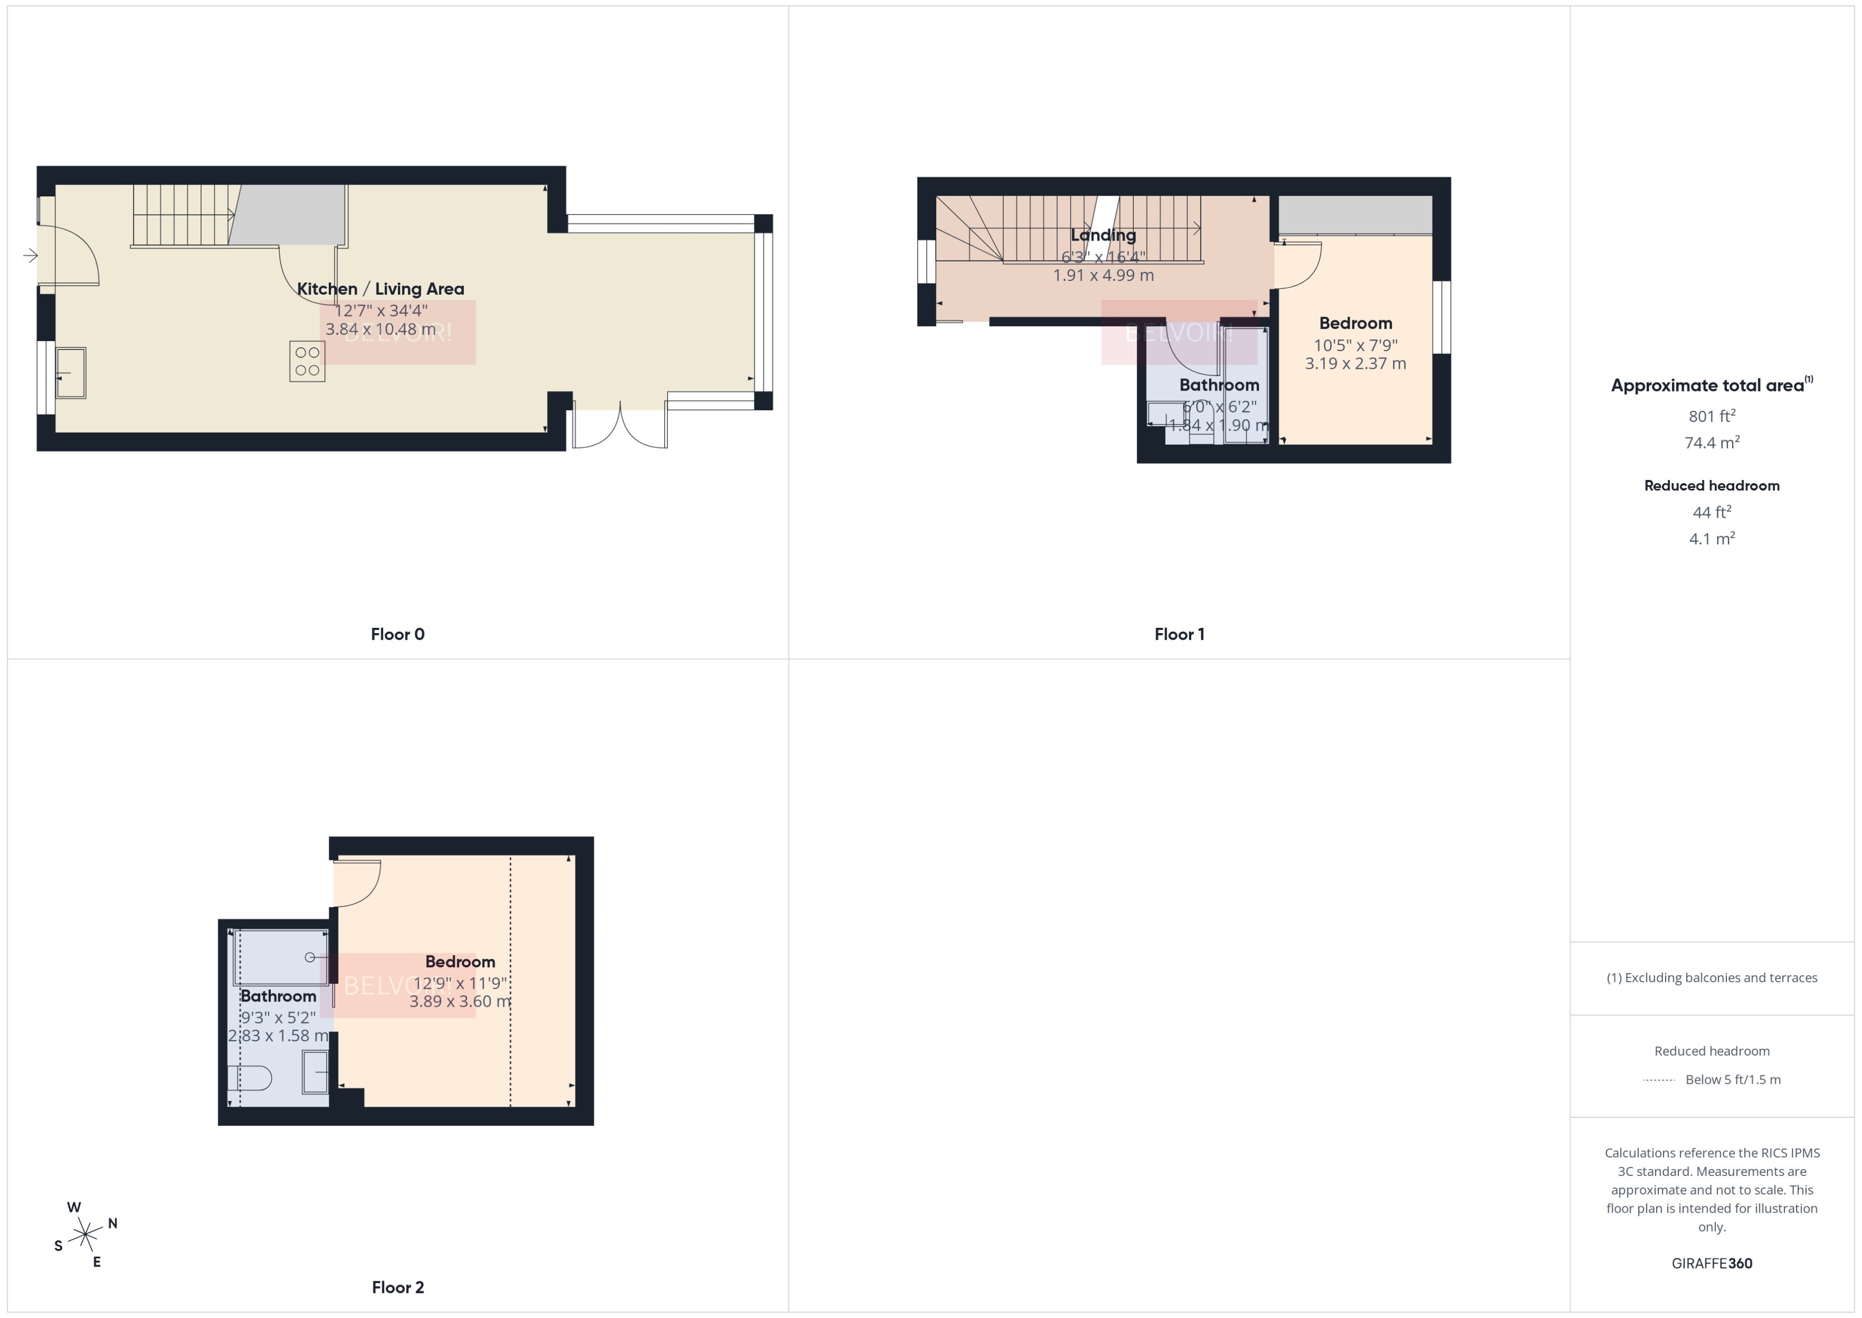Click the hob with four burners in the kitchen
point(306,361)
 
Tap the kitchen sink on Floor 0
point(71,372)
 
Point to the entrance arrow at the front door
point(30,255)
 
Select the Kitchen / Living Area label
point(380,289)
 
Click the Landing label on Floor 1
point(1103,235)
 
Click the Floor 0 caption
point(397,635)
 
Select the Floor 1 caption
point(1179,635)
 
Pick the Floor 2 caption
point(397,1287)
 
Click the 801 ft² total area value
point(1711,416)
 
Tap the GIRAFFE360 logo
point(1711,1264)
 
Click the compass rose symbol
point(85,1235)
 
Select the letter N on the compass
point(113,1223)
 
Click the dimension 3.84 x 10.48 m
point(380,329)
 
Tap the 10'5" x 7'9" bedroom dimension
point(1355,345)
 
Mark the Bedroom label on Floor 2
point(460,961)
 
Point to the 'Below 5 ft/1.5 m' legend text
point(1733,1080)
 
